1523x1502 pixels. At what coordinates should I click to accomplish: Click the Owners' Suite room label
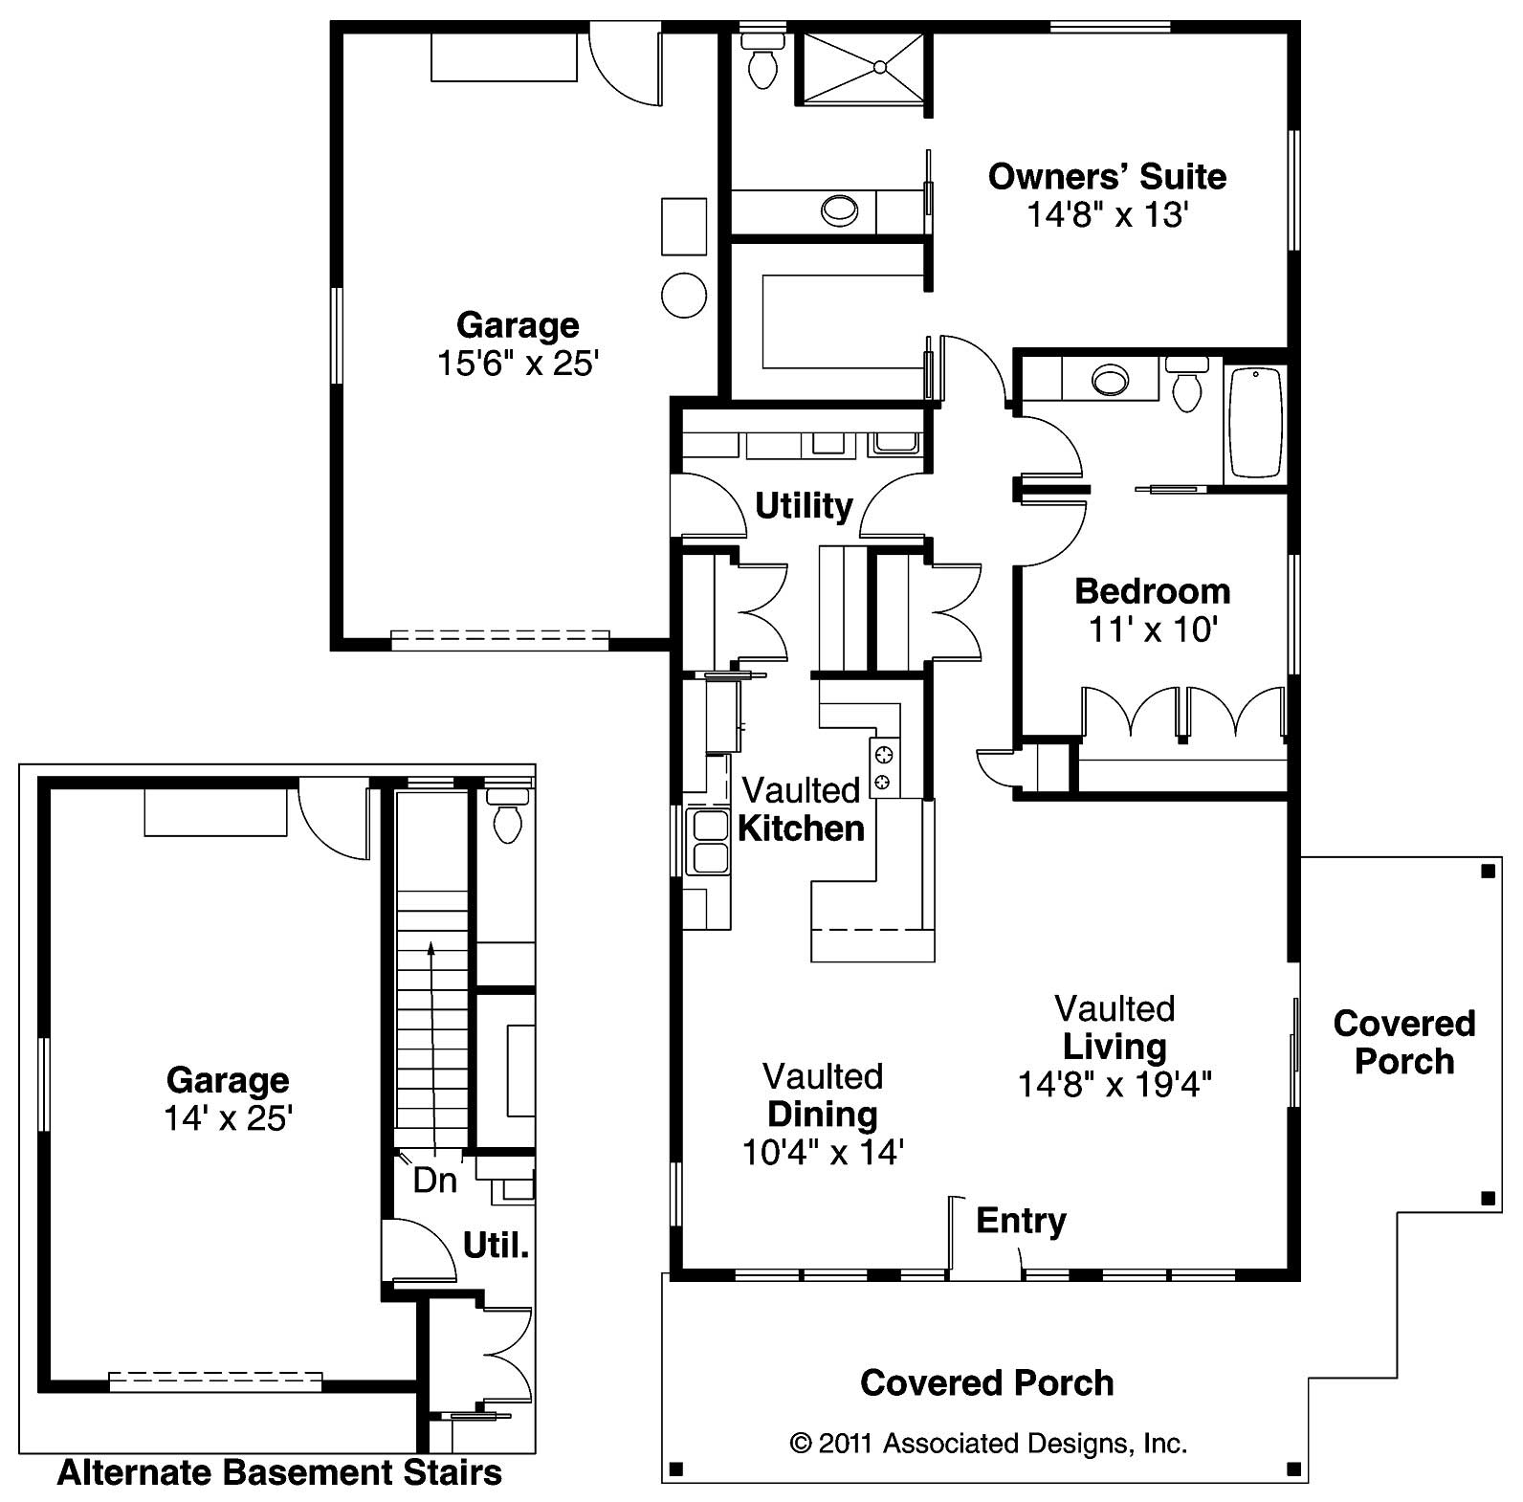click(1107, 177)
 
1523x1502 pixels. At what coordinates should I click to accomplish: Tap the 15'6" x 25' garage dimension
click(518, 364)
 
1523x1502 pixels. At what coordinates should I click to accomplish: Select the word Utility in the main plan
click(804, 506)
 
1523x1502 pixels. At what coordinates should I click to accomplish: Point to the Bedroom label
click(1153, 591)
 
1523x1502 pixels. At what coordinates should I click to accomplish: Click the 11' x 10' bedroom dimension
click(1153, 630)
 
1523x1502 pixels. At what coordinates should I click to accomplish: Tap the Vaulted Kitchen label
click(802, 809)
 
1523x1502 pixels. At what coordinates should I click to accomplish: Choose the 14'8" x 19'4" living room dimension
click(1115, 1084)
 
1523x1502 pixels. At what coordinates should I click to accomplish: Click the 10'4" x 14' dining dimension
click(823, 1152)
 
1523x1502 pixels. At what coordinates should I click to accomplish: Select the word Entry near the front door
click(1021, 1222)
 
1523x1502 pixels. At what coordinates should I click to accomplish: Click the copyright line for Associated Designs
click(988, 1443)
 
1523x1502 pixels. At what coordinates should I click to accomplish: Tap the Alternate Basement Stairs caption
click(279, 1472)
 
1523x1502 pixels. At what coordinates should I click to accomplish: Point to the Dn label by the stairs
click(435, 1181)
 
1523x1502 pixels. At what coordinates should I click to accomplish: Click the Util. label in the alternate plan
click(496, 1246)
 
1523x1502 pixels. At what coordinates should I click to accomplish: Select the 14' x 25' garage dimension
click(228, 1117)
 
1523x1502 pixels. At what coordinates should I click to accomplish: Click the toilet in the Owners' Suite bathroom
click(762, 60)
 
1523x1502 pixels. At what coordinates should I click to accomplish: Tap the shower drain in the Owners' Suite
click(878, 66)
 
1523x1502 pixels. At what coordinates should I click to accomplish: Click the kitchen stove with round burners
click(883, 767)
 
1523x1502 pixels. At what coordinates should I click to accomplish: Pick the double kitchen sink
click(708, 842)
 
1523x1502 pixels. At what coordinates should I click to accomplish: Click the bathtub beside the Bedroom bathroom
click(1255, 422)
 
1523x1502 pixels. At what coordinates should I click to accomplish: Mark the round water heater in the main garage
click(684, 295)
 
